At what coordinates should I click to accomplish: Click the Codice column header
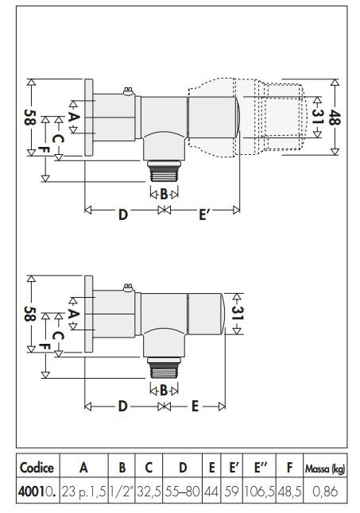point(37,468)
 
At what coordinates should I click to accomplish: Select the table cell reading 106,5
point(259,492)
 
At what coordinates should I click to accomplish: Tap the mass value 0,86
point(325,492)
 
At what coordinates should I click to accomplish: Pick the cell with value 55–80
point(182,492)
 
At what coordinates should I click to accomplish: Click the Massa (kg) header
point(325,469)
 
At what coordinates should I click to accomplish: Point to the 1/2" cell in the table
point(122,492)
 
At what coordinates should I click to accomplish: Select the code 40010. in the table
point(37,492)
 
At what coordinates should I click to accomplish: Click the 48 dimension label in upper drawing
point(335,117)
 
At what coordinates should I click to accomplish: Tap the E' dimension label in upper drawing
point(203,214)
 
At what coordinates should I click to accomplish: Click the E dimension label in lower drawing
point(195,406)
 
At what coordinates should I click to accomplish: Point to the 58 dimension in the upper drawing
point(29,117)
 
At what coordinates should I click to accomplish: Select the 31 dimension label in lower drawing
point(237,313)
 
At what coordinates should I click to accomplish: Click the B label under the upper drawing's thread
point(164,195)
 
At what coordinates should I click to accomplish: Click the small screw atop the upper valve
point(128,91)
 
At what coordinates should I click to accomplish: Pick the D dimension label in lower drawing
point(122,406)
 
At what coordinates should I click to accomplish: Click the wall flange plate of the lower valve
point(89,314)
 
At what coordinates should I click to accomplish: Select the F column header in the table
point(289,468)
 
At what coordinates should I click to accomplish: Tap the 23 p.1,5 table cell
point(83,492)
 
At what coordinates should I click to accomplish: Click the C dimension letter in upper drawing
point(58,140)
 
